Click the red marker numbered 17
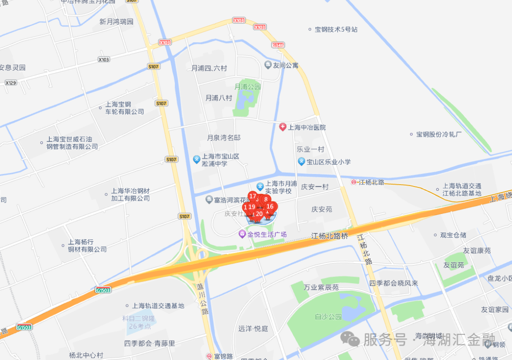coord(253,196)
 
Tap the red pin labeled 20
coord(259,214)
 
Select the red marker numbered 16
coord(270,206)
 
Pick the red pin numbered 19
coord(252,207)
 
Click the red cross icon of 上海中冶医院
coord(283,127)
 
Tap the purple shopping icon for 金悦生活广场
coord(242,234)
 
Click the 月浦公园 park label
coord(248,87)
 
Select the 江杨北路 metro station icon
coord(354,182)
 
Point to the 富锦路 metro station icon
coord(209,356)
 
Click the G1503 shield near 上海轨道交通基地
coord(103,290)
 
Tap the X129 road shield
coord(10,83)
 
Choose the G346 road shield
coord(278,45)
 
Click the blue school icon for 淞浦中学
coord(197,159)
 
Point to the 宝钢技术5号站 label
coord(336,29)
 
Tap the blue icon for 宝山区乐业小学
coord(301,162)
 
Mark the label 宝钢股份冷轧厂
coord(439,134)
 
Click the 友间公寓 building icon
coord(268,65)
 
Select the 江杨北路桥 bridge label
coord(329,236)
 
